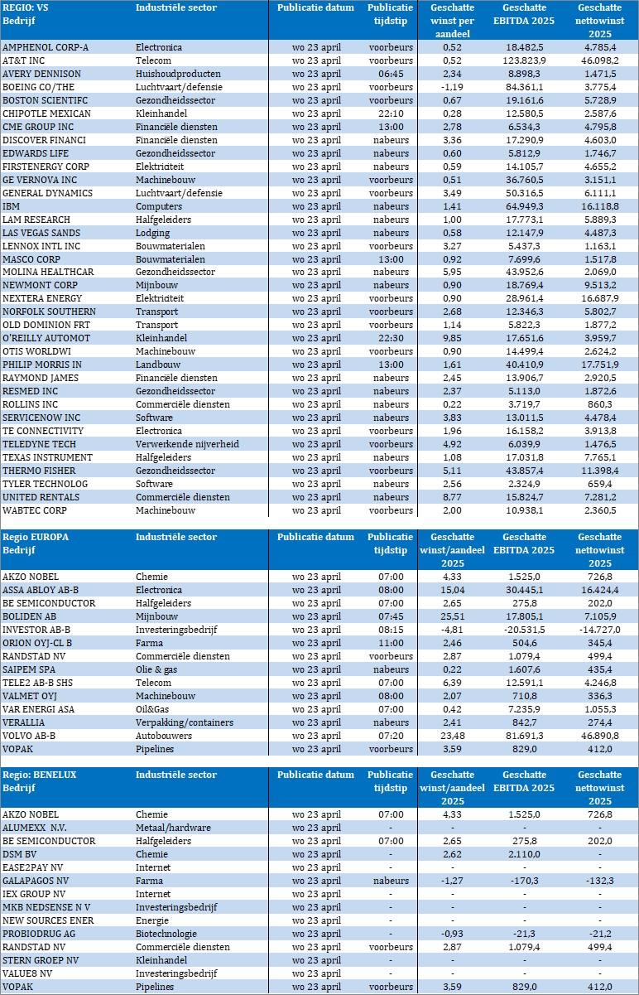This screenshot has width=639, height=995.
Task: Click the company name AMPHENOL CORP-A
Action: tap(46, 47)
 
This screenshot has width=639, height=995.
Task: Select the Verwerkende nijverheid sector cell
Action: tap(187, 445)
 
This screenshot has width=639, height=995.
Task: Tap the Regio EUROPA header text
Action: tap(36, 537)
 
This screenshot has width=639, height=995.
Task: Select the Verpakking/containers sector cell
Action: tap(185, 722)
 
